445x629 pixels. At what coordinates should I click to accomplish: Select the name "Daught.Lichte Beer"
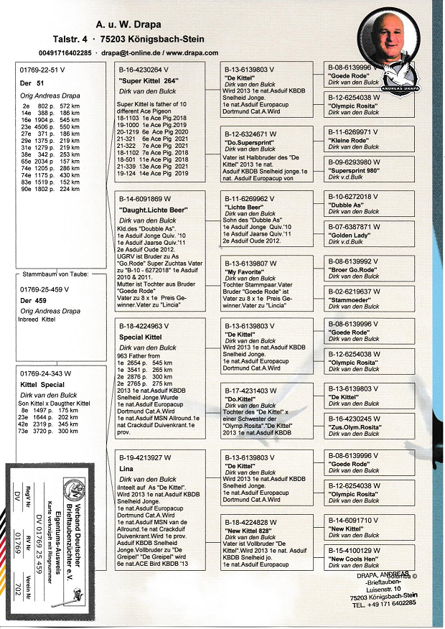point(150,208)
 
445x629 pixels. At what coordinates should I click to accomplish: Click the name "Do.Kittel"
point(241,399)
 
